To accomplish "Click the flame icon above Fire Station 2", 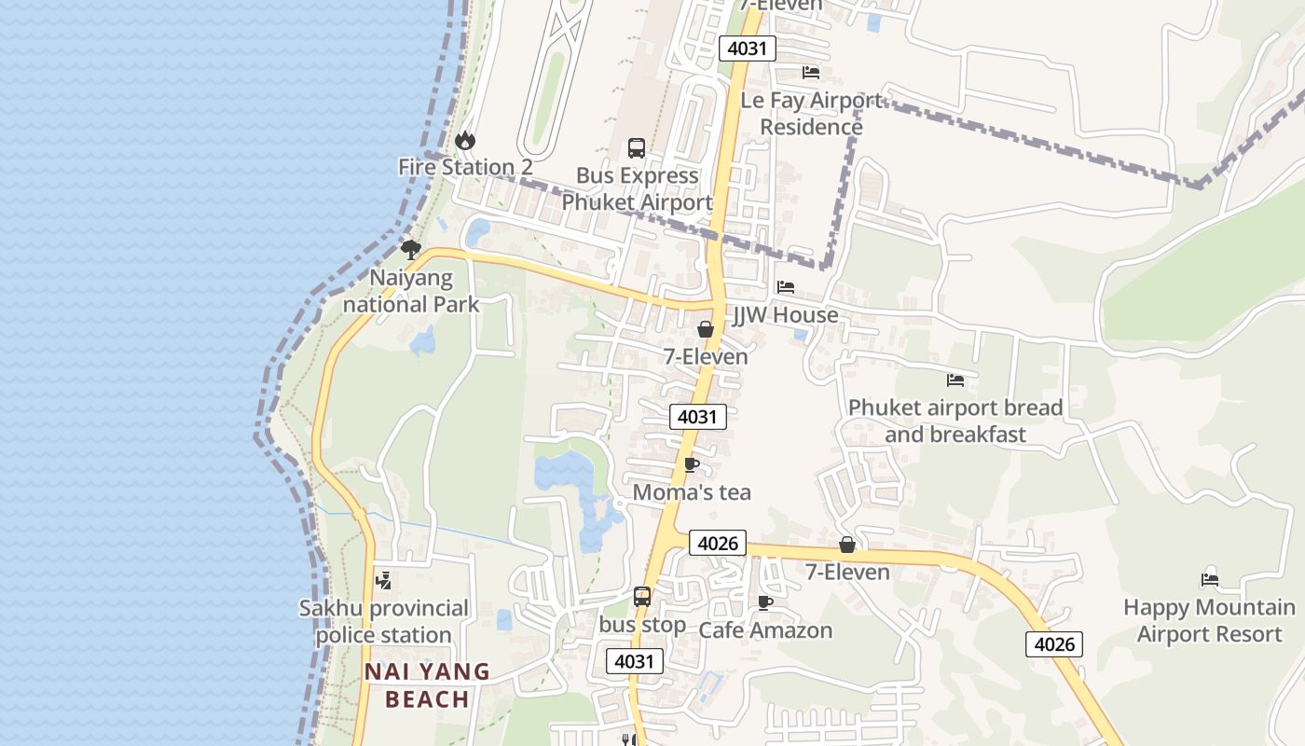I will [464, 141].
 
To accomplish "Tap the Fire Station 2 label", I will [465, 167].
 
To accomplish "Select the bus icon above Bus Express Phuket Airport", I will [637, 147].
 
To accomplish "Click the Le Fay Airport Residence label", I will [811, 113].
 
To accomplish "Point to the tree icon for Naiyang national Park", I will [410, 249].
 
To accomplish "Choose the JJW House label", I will [785, 315].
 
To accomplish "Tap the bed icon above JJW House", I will [786, 287].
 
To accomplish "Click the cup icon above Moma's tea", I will [691, 464].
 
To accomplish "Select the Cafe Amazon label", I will [765, 630].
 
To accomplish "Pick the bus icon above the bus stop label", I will [642, 597].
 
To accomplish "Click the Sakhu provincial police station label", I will [384, 621].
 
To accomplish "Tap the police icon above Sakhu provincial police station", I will [382, 580].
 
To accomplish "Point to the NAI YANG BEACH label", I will [427, 684].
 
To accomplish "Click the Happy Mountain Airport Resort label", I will [1209, 621].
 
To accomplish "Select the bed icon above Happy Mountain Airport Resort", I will [1210, 579].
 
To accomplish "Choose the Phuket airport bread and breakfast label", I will [955, 421].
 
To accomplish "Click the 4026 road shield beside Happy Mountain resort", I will [1054, 644].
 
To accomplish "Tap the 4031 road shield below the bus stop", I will [635, 661].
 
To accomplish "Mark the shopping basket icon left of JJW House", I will [706, 329].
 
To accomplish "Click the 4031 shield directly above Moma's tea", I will [697, 417].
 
